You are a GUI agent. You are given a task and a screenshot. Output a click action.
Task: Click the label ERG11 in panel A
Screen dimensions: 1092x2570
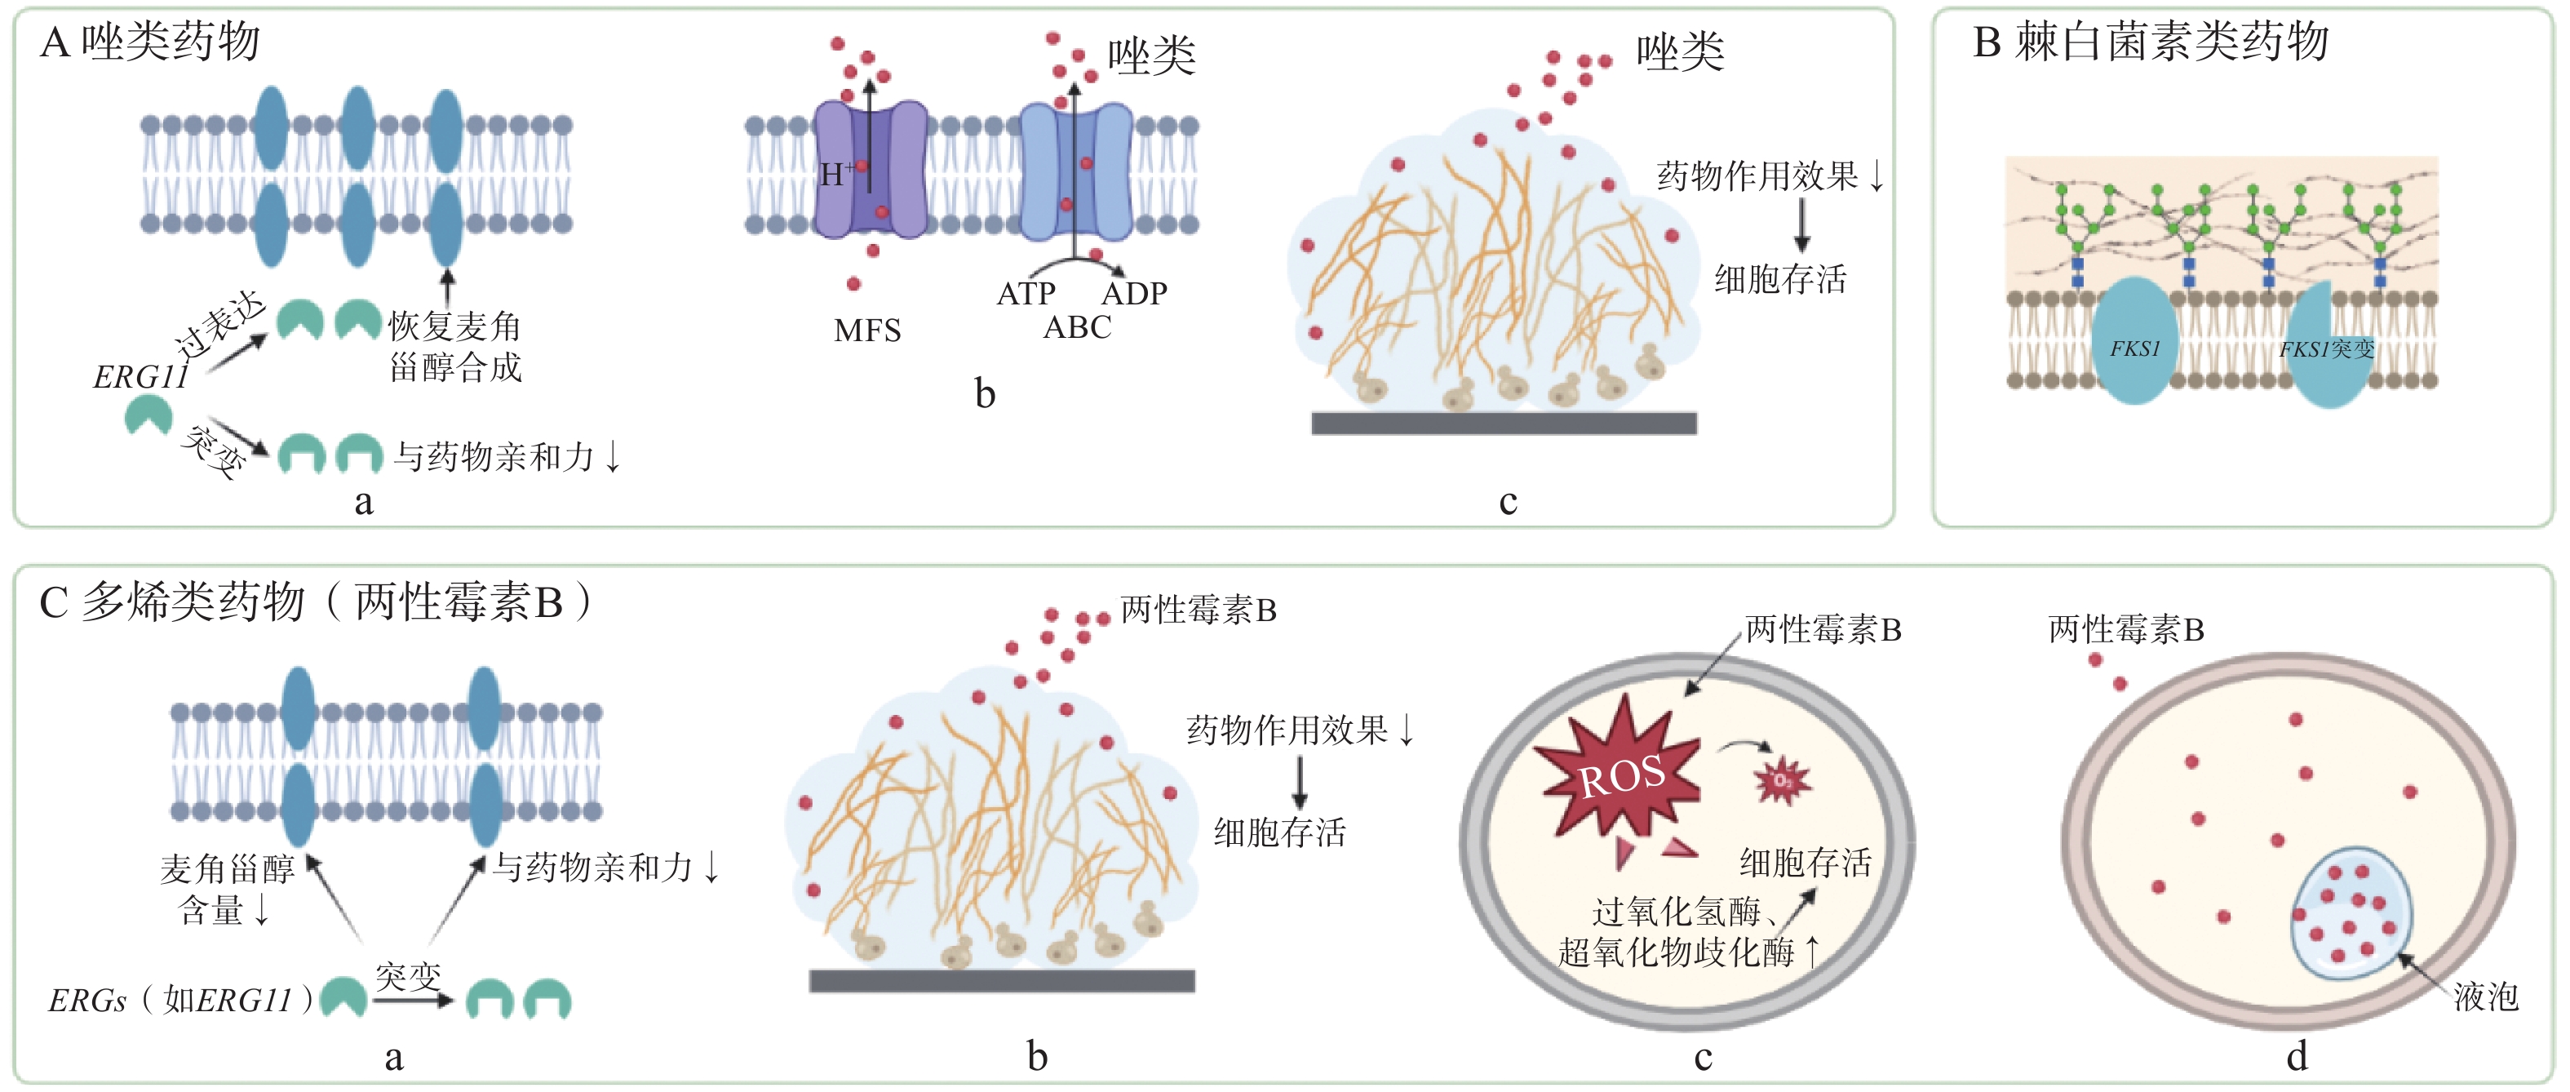[x=140, y=377]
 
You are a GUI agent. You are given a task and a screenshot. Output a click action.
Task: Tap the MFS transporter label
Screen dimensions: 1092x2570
[x=867, y=331]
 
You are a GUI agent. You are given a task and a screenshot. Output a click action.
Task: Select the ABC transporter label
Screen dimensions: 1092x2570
[x=1076, y=327]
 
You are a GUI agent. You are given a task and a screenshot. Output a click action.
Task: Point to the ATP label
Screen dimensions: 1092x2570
[x=1026, y=294]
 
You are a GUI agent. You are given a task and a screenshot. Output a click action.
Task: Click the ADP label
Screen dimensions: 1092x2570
[x=1134, y=294]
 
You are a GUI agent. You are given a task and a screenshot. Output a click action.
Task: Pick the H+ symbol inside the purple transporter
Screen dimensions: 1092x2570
[x=834, y=175]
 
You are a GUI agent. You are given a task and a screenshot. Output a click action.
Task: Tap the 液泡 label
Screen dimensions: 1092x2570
[x=2485, y=997]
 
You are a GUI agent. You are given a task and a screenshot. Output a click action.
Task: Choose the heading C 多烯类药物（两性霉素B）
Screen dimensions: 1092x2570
[x=315, y=601]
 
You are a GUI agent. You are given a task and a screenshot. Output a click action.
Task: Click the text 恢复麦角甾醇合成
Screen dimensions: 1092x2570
[x=455, y=346]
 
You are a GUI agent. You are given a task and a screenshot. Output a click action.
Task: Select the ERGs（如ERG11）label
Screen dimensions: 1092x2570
[x=180, y=999]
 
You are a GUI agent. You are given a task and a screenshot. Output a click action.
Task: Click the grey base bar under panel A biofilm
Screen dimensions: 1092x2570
[x=1504, y=424]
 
